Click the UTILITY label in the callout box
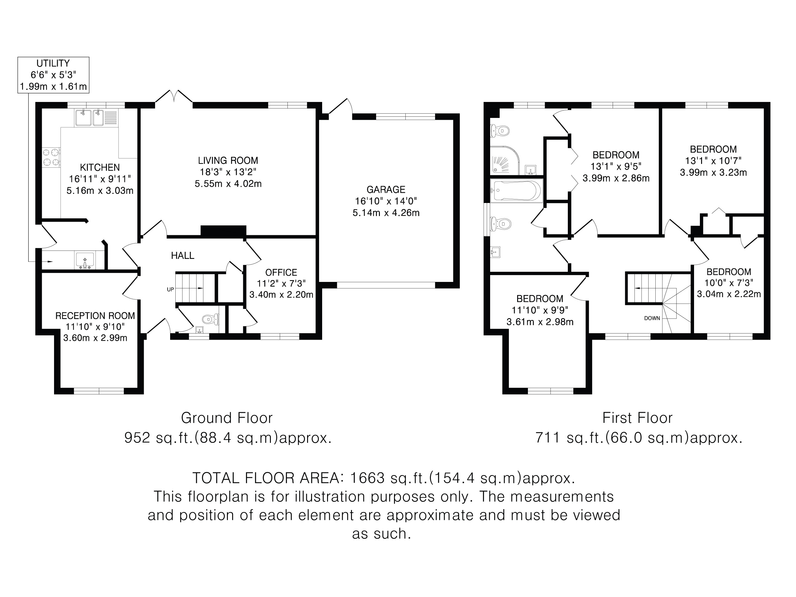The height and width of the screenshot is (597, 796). (53, 63)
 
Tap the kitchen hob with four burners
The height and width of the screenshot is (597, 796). (51, 157)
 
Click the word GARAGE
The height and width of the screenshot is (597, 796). (386, 190)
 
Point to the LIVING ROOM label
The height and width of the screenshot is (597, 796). (228, 161)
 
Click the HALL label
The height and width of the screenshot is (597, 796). (182, 256)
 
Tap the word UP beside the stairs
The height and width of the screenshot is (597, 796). (170, 289)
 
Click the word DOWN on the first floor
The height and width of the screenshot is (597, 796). (652, 318)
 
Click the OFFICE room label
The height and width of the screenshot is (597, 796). (281, 273)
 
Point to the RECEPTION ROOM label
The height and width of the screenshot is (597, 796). (95, 316)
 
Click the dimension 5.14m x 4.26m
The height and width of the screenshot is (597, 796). (386, 213)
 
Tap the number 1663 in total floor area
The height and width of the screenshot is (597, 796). (367, 478)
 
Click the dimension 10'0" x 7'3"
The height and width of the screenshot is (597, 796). (728, 283)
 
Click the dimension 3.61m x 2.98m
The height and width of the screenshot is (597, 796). (540, 322)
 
